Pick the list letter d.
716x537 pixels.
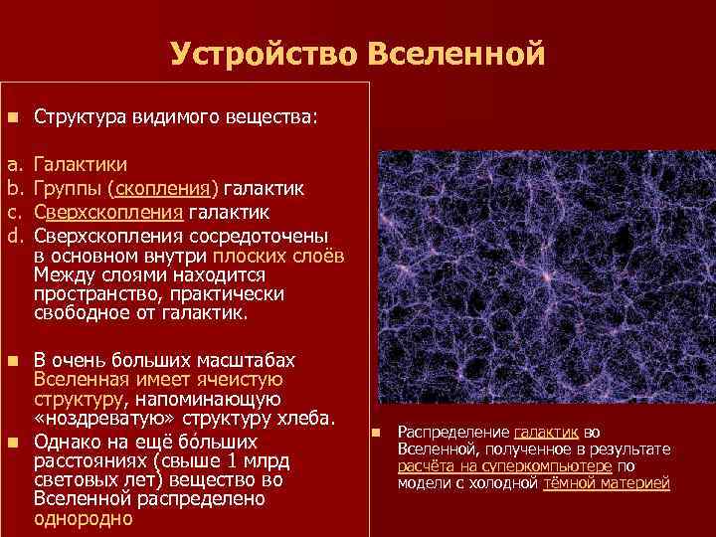click(x=14, y=236)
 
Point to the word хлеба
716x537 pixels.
click(x=307, y=416)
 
